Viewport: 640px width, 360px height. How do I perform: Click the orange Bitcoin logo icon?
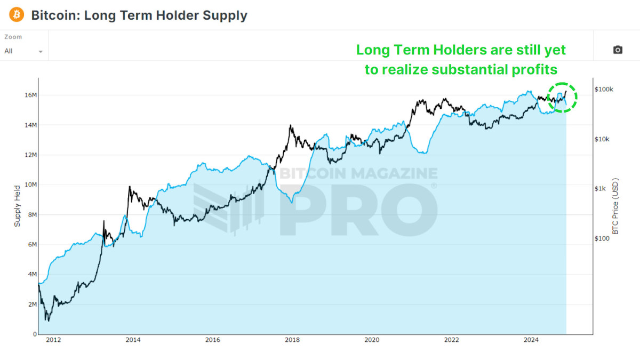[x=17, y=15]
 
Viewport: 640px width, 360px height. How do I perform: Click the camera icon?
[x=618, y=50]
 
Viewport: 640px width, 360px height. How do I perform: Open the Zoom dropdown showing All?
[x=24, y=51]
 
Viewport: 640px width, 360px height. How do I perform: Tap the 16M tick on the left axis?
[x=29, y=95]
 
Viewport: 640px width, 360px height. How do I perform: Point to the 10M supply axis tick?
[x=29, y=185]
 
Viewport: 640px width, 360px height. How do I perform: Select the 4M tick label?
[x=31, y=274]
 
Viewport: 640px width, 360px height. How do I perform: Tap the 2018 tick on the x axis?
[x=292, y=340]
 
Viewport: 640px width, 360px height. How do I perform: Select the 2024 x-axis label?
[x=531, y=340]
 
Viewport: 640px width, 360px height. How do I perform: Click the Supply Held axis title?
[x=17, y=206]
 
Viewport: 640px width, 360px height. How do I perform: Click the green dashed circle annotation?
[x=563, y=97]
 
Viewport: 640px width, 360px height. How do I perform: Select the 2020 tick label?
[x=372, y=340]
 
